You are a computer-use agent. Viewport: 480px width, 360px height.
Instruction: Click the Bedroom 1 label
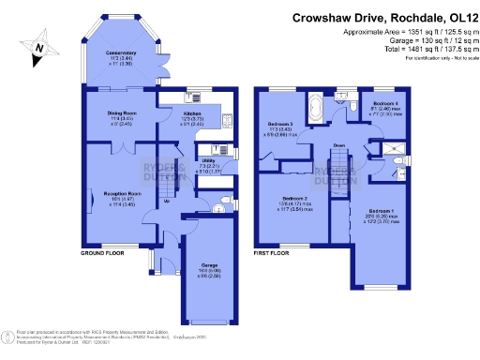coord(381,210)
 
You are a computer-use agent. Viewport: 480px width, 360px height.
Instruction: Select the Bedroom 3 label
coord(279,124)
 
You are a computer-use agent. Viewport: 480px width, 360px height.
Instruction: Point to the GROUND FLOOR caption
coord(102,253)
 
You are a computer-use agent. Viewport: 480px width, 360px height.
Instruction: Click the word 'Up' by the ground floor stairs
coord(167,201)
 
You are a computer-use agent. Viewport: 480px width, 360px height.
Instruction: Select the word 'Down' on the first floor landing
coord(339,145)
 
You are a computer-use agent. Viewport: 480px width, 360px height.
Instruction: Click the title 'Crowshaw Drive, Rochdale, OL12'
coord(381,17)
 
